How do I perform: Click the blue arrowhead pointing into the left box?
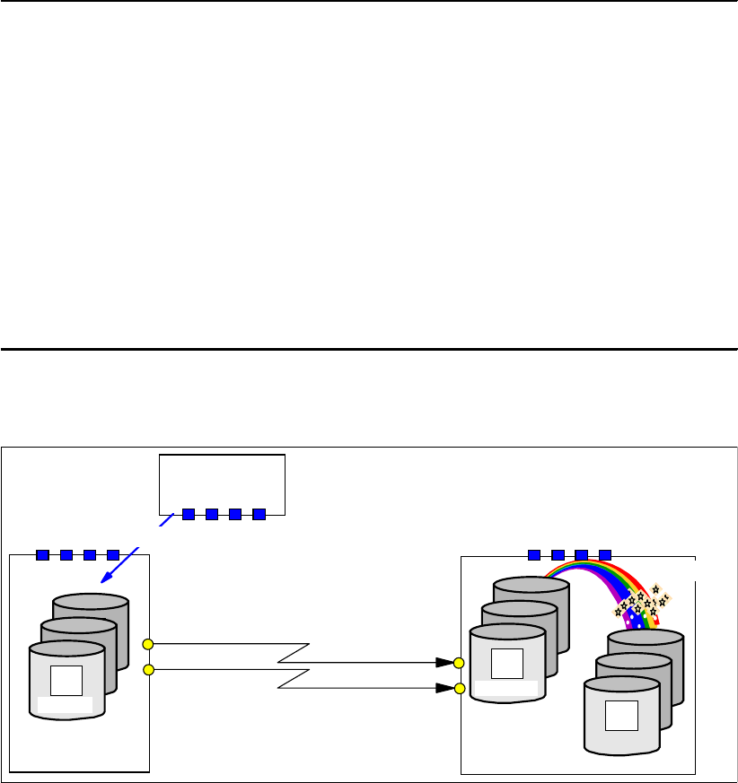point(105,579)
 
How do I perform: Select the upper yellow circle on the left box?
point(148,644)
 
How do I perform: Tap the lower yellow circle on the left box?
point(148,669)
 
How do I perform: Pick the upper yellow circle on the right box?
point(459,664)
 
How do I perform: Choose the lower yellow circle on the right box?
point(459,689)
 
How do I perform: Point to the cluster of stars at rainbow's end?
point(642,604)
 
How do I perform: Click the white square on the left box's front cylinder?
point(66,681)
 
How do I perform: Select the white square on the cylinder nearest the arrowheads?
point(507,663)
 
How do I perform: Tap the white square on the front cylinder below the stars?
point(621,716)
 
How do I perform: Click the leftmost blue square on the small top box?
point(189,514)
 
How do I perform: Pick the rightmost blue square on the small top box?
point(259,514)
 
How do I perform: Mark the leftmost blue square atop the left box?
point(42,554)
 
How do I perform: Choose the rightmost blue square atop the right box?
point(604,554)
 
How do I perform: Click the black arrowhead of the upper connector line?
point(443,664)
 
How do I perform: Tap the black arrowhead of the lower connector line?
point(443,689)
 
